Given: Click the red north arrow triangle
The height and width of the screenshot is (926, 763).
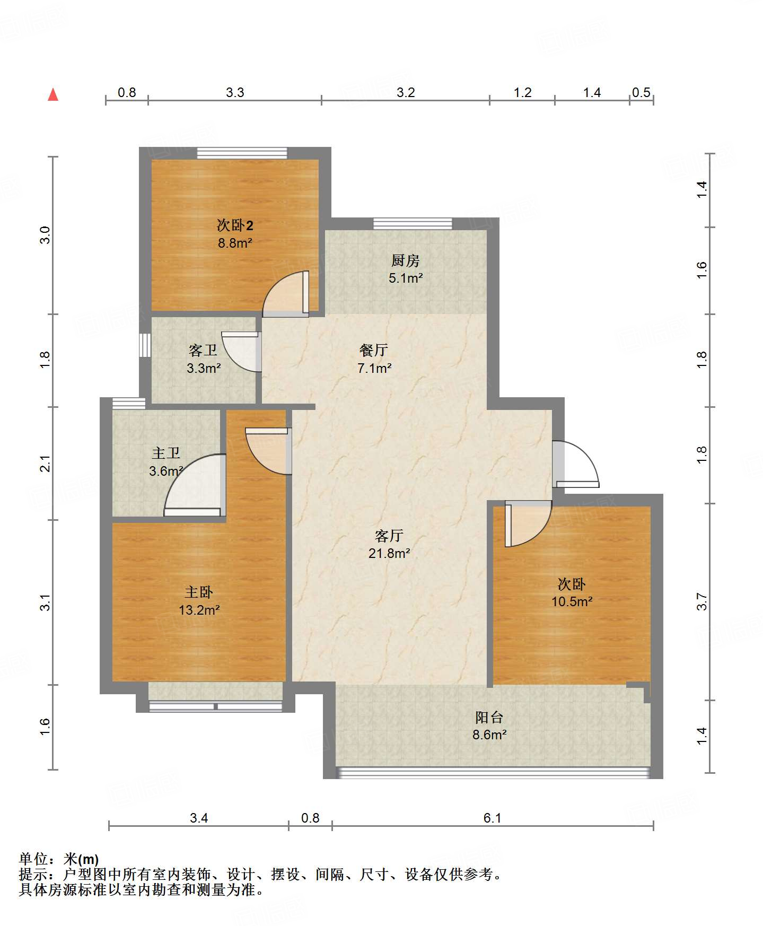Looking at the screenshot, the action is [53, 94].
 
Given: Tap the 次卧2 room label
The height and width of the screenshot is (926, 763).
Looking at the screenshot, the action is [235, 225].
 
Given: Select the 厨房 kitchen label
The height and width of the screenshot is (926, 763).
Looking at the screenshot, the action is [405, 260].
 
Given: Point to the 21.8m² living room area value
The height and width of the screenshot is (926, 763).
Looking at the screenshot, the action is [389, 554].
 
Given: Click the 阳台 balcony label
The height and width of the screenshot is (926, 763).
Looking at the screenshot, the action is [489, 718].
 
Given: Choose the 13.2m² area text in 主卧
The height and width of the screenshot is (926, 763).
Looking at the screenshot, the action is [199, 610].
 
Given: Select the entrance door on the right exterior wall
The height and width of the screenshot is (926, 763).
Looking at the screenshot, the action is [575, 464].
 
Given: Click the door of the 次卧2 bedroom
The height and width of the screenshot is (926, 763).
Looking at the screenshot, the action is [286, 294].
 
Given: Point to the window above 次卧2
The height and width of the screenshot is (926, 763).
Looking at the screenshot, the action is [242, 153].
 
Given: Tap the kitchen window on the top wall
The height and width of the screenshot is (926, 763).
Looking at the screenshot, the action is [413, 223].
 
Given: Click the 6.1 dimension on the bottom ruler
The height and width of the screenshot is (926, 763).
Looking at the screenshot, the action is [492, 818].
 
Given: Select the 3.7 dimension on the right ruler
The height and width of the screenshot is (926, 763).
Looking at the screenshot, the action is [702, 601].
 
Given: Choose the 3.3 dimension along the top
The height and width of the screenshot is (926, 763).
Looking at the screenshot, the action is [235, 92].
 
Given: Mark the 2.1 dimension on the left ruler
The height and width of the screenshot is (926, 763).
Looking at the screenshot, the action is [46, 464].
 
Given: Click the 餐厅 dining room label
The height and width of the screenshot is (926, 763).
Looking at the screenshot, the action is [374, 350].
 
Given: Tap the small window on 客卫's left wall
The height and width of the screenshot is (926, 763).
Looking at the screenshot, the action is [145, 345].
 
